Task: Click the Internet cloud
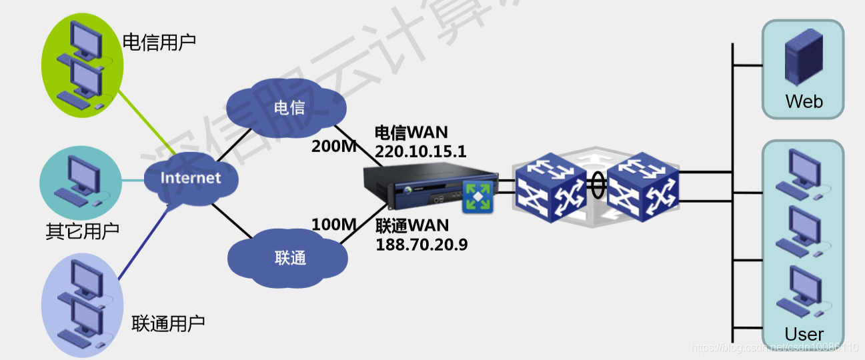[x=190, y=178]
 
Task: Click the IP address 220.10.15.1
[x=420, y=151]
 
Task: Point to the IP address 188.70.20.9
[x=421, y=245]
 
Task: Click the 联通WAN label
[x=412, y=226]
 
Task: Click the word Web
[x=804, y=101]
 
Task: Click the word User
[x=804, y=334]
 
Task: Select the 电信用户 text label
[x=159, y=42]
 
